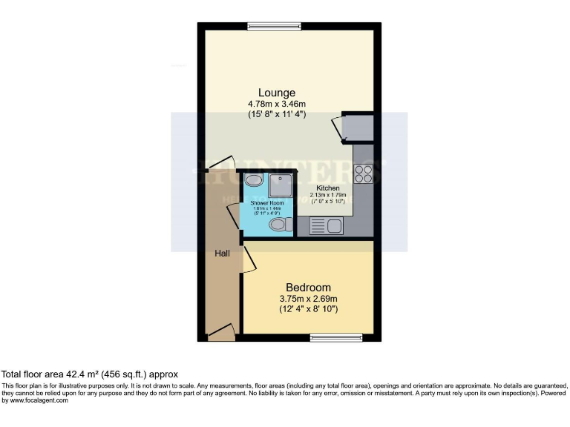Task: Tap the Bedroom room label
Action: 308,287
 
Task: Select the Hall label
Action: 222,254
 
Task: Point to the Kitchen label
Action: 328,188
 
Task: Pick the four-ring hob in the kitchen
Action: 364,173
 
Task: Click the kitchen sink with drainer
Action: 324,226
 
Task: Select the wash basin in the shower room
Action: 252,179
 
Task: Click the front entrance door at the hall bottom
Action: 221,335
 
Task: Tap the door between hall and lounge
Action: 220,163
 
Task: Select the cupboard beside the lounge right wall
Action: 357,128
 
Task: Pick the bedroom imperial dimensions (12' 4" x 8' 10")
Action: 308,308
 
